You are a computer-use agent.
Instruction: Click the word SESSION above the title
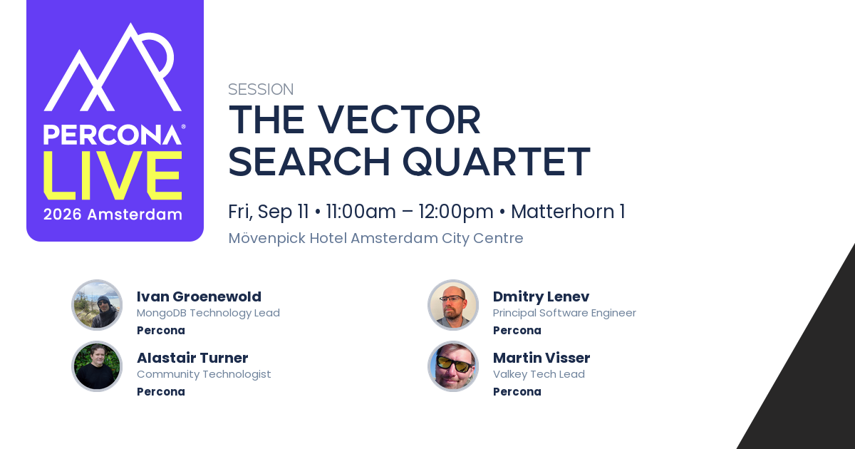(261, 89)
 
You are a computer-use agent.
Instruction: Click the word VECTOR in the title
(399, 120)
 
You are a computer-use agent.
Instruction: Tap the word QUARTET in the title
(497, 162)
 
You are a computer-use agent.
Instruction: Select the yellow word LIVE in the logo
(113, 175)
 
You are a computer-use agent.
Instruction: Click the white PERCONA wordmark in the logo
(113, 135)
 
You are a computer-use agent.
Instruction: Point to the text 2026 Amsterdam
(113, 215)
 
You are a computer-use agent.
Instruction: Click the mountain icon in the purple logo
(113, 67)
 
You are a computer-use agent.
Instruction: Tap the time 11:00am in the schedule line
(361, 212)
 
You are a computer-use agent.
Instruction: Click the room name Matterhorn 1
(568, 212)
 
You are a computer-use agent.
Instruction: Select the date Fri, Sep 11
(269, 212)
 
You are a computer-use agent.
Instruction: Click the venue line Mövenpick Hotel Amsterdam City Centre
(375, 238)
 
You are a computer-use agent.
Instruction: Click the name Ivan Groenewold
(199, 296)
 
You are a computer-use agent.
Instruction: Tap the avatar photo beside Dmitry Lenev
(453, 305)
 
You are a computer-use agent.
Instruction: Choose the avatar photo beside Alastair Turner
(97, 366)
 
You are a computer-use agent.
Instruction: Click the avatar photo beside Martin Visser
(453, 366)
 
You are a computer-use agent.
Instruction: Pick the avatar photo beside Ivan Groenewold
(97, 305)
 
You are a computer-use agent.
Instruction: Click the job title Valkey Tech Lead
(539, 374)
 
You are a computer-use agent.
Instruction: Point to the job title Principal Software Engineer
(564, 313)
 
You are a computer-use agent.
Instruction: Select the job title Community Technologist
(204, 374)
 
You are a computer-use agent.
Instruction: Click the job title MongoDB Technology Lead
(208, 313)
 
